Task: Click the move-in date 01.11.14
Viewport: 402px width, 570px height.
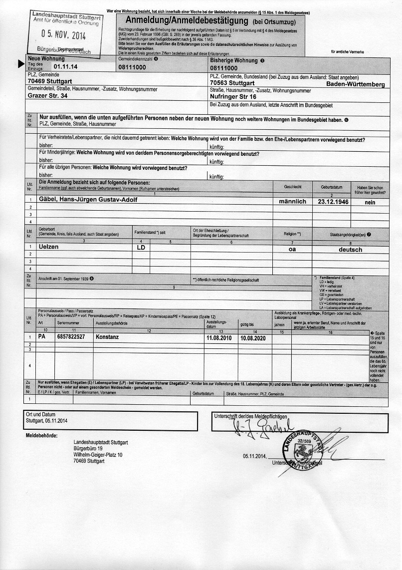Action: point(65,66)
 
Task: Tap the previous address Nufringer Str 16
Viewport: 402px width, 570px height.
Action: point(233,96)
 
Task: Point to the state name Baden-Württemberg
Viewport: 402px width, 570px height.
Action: point(355,85)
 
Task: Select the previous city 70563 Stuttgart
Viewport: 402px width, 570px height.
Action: point(232,82)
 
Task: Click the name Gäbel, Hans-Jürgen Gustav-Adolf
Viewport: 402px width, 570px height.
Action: point(88,200)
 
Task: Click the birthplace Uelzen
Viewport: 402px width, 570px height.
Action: point(48,247)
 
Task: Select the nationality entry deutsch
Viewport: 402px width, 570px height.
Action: point(350,249)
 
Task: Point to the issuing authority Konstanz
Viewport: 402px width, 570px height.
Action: point(108,337)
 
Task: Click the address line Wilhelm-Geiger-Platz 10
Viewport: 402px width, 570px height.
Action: point(98,455)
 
